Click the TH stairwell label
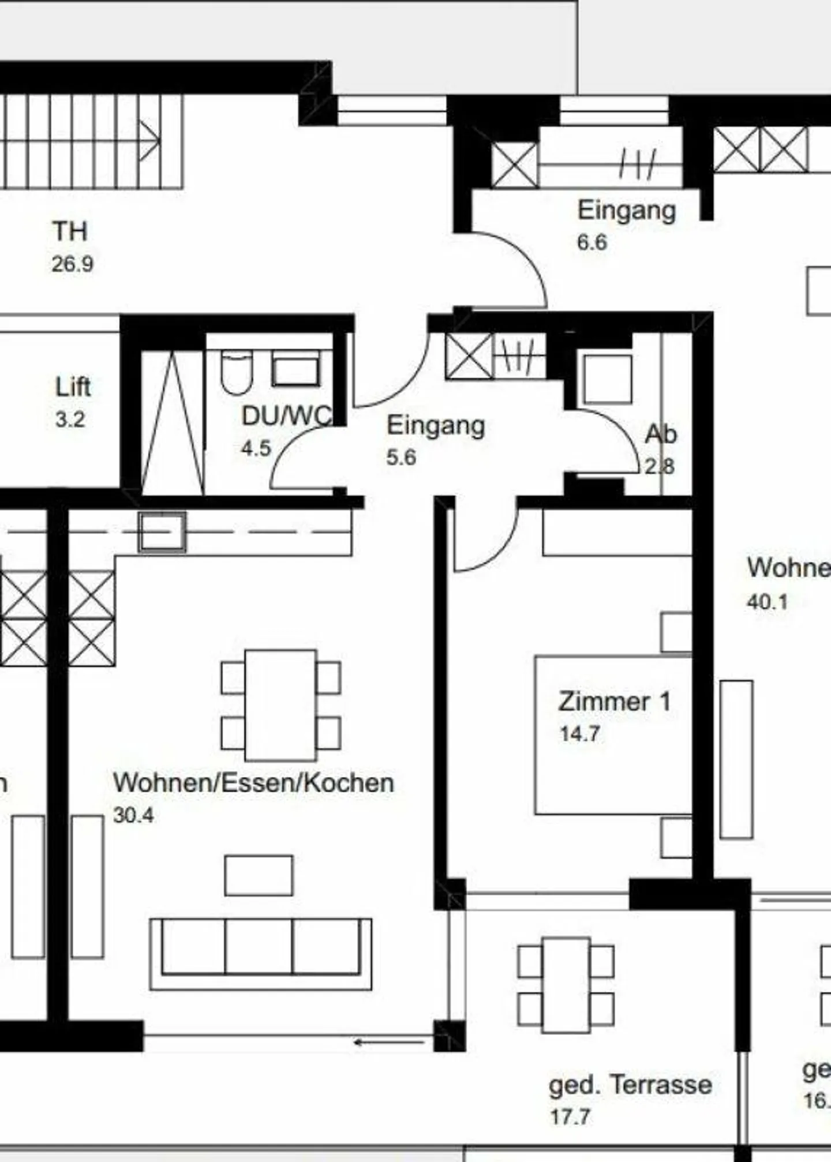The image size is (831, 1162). [x=70, y=232]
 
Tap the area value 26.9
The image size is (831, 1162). [x=72, y=264]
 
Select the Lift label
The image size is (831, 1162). [x=73, y=387]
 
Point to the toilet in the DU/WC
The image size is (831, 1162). [x=237, y=372]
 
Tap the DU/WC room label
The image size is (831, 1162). [x=286, y=415]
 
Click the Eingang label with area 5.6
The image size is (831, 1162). [x=435, y=426]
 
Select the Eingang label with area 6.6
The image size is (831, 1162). [x=627, y=210]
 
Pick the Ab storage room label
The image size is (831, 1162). [x=660, y=434]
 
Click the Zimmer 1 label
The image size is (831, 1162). [x=614, y=702]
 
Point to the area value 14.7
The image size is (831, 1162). [x=579, y=734]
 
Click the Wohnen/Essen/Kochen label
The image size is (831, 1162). [x=253, y=783]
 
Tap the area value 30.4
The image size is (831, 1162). [x=133, y=815]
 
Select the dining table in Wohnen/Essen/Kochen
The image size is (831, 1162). [x=280, y=705]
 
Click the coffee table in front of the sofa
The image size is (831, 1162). [x=259, y=875]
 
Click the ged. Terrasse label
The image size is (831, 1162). [x=630, y=1085]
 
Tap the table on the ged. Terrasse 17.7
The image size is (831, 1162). [x=566, y=985]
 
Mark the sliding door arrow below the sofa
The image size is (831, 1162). [x=390, y=1042]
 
